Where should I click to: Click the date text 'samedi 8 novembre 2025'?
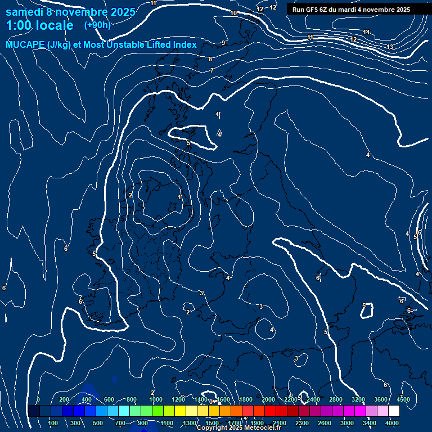(x=70, y=12)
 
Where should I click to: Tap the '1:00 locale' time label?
(x=39, y=25)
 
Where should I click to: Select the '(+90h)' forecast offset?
(x=97, y=25)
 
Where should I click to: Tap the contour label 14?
(x=366, y=32)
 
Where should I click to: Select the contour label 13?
(x=390, y=47)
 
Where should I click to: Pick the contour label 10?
(x=233, y=13)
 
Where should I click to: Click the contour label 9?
(x=223, y=43)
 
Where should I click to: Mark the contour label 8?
(x=210, y=59)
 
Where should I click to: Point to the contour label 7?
(x=211, y=70)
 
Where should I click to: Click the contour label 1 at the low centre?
(x=179, y=197)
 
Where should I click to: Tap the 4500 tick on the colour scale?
(x=403, y=399)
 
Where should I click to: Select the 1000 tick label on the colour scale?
(x=156, y=399)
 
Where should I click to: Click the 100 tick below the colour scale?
(x=53, y=423)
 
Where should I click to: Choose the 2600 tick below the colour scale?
(x=325, y=423)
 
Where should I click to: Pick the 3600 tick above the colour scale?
(x=381, y=399)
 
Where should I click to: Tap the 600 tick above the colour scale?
(x=109, y=399)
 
